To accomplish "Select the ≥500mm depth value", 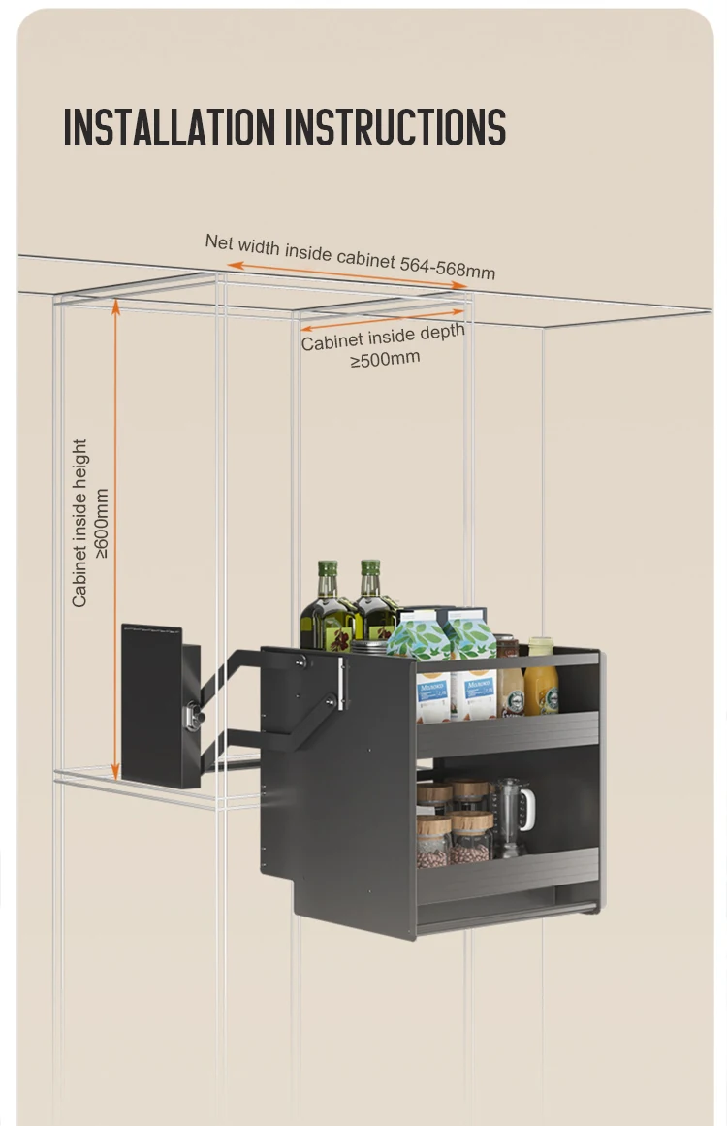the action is [x=385, y=358].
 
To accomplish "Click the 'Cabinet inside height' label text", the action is [x=79, y=524].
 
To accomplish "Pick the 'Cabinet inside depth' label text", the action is [x=382, y=337].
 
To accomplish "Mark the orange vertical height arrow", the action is [x=116, y=538].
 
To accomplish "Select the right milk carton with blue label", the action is [x=473, y=669].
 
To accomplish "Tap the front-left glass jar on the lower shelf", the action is [x=433, y=840].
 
